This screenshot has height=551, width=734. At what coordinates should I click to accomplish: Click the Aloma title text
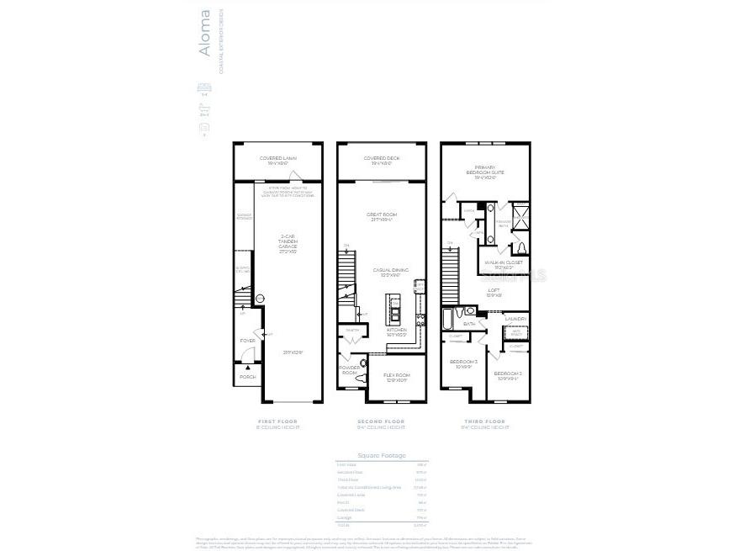click(x=204, y=34)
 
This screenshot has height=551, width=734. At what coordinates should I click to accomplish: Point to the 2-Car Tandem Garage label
click(x=288, y=243)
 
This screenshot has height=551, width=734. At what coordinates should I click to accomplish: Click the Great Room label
click(x=382, y=216)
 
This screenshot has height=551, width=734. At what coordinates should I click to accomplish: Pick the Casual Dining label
click(x=390, y=272)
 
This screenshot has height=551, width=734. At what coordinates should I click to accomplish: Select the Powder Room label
click(x=350, y=369)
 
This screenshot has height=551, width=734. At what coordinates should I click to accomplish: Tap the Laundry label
click(x=515, y=319)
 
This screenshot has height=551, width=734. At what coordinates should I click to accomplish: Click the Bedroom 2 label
click(x=506, y=375)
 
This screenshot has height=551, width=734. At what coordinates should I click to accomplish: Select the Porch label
click(x=247, y=377)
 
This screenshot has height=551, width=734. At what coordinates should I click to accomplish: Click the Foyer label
click(x=247, y=341)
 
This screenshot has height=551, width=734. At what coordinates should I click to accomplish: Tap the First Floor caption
click(x=277, y=421)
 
